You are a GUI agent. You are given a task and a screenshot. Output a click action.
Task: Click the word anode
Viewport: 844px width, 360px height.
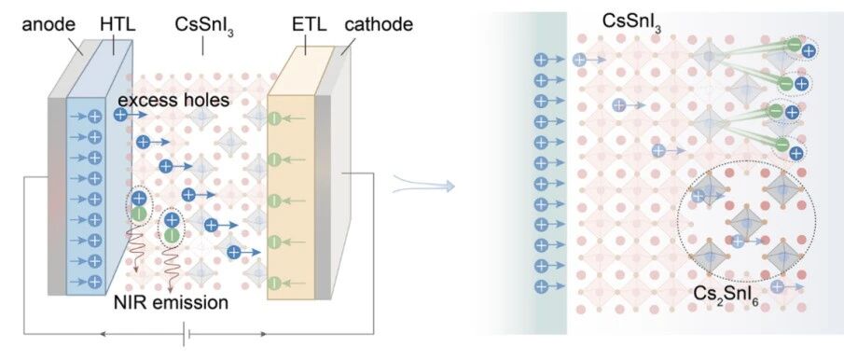click(x=49, y=25)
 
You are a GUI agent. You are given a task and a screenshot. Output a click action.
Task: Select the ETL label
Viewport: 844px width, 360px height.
click(x=308, y=25)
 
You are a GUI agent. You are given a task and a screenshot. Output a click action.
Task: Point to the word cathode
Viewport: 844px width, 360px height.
click(x=379, y=25)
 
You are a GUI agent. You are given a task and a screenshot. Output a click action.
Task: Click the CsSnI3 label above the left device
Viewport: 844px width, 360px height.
click(x=202, y=26)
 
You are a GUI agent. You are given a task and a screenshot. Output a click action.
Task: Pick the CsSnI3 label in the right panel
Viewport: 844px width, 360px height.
click(x=632, y=22)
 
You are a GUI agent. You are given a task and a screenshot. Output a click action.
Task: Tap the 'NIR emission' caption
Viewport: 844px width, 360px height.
click(x=172, y=303)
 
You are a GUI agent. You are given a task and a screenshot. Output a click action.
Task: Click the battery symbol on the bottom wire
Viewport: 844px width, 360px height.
click(x=187, y=334)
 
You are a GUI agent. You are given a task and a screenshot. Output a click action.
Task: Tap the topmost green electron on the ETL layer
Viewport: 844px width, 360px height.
click(x=274, y=118)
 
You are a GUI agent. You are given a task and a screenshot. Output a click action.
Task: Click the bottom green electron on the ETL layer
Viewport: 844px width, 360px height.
click(x=274, y=282)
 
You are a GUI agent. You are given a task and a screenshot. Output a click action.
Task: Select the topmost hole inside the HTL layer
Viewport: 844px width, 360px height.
click(x=95, y=117)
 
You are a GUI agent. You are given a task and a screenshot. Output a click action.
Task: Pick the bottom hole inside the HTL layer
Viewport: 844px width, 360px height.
click(x=95, y=281)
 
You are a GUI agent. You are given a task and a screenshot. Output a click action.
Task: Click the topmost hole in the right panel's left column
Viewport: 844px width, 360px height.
click(x=540, y=60)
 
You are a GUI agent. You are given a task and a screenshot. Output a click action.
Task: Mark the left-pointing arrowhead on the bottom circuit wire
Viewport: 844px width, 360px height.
click(x=103, y=334)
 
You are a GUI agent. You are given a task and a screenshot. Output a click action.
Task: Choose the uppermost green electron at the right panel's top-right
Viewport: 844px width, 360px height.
click(x=794, y=45)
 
